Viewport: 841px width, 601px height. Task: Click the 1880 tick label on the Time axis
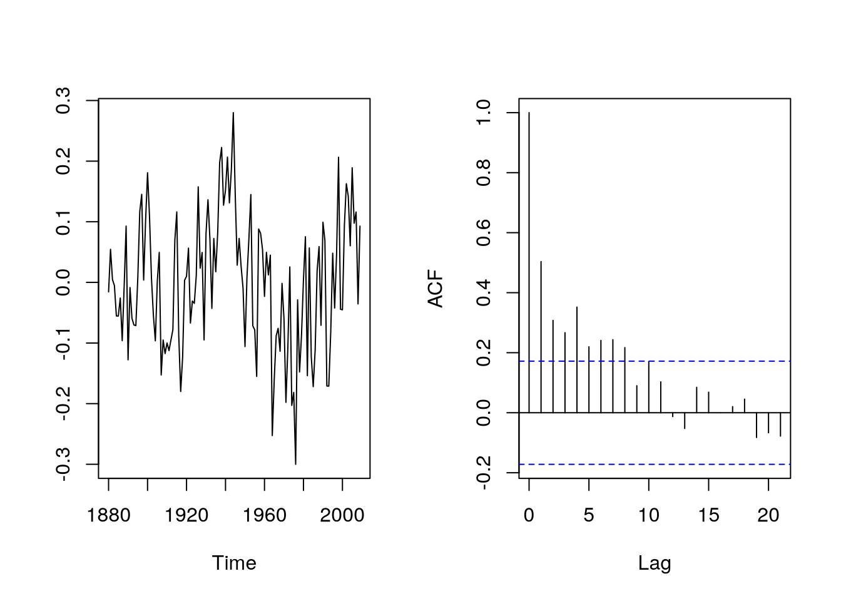point(109,515)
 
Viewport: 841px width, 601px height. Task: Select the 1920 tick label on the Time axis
point(186,515)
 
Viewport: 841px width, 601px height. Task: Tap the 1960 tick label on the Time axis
point(265,515)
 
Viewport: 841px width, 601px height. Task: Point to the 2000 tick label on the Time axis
point(342,515)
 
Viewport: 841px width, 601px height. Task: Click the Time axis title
point(234,563)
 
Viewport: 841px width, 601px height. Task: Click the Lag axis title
point(655,563)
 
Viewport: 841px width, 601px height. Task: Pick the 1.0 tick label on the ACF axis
point(484,113)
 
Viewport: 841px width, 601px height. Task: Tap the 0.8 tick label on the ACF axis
point(484,173)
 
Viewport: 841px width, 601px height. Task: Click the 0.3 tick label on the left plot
point(63,100)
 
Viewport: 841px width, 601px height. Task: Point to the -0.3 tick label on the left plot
point(63,464)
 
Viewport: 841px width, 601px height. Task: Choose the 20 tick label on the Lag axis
point(768,515)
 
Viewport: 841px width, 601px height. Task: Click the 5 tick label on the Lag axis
point(589,515)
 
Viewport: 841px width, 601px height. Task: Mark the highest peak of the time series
point(233,113)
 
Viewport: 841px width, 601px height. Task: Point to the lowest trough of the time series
point(295,463)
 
